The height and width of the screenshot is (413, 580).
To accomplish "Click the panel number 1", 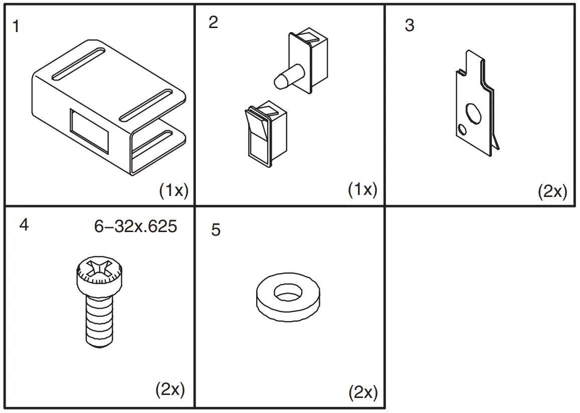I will [x=16, y=26].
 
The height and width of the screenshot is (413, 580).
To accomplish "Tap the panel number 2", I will [x=214, y=23].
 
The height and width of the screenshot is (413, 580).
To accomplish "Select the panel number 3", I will [x=410, y=26].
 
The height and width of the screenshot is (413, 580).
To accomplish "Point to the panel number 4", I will [x=24, y=225].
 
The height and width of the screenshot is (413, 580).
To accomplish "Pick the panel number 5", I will [x=216, y=230].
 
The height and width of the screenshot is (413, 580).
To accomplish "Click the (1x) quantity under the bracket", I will [x=173, y=190].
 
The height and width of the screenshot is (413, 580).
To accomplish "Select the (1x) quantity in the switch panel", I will [x=362, y=189].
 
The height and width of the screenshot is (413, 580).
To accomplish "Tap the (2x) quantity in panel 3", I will [x=552, y=191].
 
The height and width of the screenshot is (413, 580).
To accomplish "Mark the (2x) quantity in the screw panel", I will [x=170, y=389].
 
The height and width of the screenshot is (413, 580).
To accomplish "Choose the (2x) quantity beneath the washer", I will [x=363, y=392].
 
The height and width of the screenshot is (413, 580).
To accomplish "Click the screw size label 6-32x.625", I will [x=135, y=227].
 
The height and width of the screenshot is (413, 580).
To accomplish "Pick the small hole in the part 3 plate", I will [x=462, y=130].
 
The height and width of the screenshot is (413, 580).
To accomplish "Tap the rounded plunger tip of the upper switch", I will [x=281, y=80].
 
